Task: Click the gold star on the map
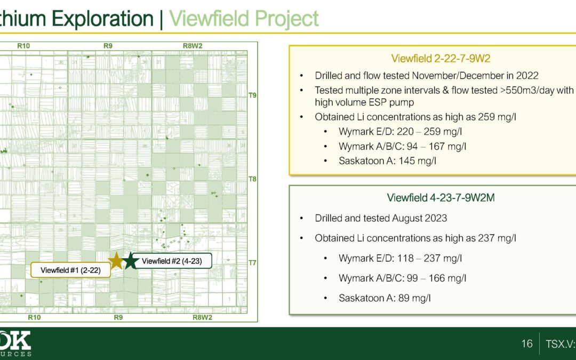click(116, 260)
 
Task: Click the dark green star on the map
click(130, 261)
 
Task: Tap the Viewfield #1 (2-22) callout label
click(70, 270)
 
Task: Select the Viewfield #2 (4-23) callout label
click(172, 261)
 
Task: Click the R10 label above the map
click(23, 46)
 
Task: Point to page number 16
click(526, 343)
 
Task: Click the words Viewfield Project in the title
click(244, 19)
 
